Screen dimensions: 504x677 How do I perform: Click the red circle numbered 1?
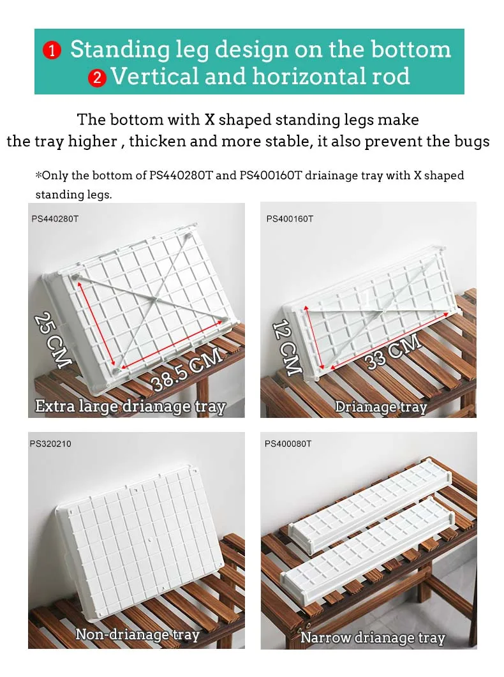(52, 50)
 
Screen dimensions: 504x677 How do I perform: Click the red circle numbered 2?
(97, 78)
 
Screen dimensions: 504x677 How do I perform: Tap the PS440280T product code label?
(56, 219)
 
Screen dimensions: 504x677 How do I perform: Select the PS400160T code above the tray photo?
(290, 219)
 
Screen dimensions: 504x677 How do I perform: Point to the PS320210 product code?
(50, 443)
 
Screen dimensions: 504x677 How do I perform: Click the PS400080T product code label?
(288, 443)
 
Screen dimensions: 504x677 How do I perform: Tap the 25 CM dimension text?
(53, 340)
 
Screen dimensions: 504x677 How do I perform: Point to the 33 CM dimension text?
(394, 352)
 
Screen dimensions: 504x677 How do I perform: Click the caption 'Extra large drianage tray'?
(130, 406)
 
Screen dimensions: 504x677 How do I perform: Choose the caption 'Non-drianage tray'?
(138, 635)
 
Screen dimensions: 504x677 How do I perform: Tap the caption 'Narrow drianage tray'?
(373, 637)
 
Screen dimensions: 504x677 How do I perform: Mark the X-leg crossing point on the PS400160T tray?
(383, 310)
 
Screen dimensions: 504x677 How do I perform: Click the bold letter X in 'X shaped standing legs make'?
(210, 119)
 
